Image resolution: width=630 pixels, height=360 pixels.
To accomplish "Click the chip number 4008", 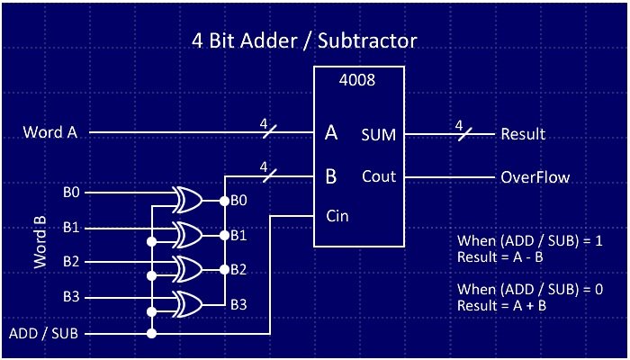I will (356, 79).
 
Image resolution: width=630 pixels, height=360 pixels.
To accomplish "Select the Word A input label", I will (49, 133).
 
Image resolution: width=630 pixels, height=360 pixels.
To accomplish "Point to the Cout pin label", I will (379, 176).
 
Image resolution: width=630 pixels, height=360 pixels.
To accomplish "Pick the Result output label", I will (523, 135).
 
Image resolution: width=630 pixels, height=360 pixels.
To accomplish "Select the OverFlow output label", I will (535, 177).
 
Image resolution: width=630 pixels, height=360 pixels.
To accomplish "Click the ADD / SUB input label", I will (43, 334).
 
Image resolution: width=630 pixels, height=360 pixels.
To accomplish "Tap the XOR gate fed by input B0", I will (189, 200).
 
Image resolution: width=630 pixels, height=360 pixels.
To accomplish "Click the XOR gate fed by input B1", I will (189, 235).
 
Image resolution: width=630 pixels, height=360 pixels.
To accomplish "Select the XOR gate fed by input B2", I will (189, 268).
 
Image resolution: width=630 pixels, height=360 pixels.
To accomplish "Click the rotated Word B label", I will (40, 242).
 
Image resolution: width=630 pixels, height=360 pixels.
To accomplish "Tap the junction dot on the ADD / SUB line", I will (152, 334).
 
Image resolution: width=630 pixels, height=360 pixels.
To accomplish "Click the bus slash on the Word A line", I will (269, 133).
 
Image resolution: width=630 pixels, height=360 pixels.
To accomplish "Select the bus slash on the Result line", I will (463, 134).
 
